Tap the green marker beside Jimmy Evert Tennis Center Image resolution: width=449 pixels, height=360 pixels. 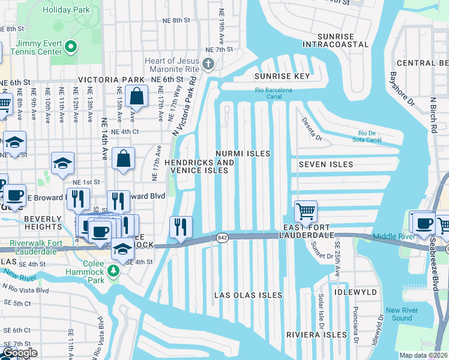tap(71, 46)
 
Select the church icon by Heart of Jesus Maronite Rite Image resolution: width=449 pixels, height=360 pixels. tap(208, 64)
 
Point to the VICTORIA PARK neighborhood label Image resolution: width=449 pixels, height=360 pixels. tap(111, 80)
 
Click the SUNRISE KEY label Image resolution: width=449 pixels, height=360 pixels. tap(282, 76)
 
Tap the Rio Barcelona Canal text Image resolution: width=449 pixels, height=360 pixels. tap(273, 90)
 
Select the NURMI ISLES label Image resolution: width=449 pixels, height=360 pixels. tap(243, 154)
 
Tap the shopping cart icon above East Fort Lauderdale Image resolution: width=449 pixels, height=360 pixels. tap(306, 212)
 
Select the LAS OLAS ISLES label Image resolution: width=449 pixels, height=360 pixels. tap(249, 295)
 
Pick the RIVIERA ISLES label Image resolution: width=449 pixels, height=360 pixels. tap(316, 334)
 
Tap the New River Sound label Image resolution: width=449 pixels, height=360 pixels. tap(401, 314)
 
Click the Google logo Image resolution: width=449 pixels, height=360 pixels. tap(19, 353)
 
